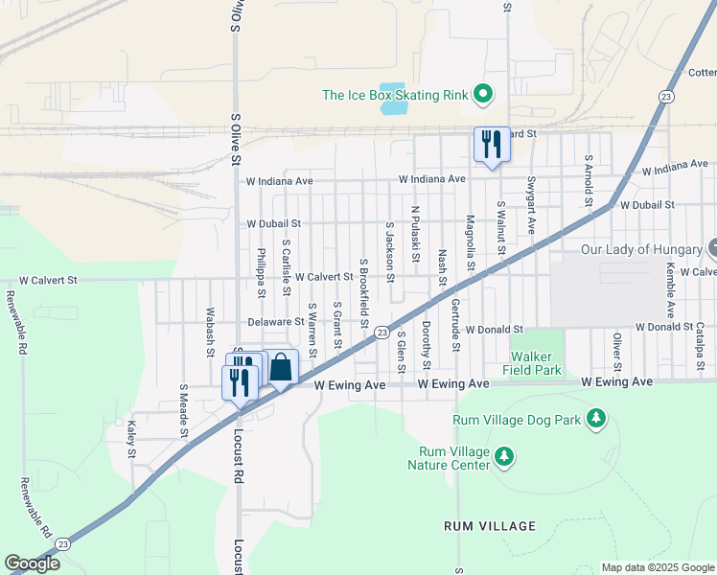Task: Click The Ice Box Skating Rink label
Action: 395,94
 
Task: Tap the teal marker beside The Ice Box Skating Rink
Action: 483,94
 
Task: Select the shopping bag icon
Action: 282,367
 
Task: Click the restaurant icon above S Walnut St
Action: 491,145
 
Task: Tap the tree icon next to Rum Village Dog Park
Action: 596,418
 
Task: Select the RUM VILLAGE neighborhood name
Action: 489,526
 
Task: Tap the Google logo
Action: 32,563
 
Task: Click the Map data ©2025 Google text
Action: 657,567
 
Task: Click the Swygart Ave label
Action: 530,204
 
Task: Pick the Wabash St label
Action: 210,332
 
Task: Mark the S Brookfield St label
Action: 363,291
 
